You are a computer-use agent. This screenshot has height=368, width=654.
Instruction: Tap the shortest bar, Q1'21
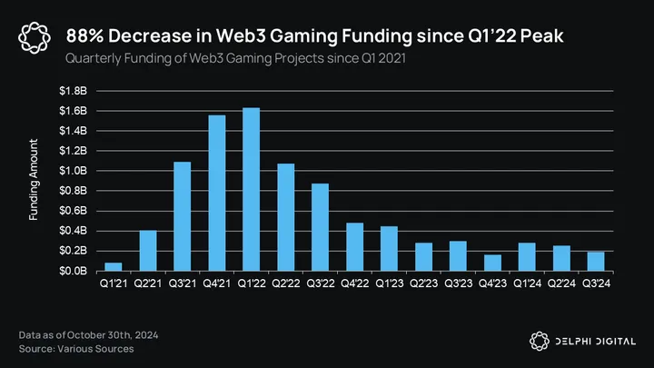[x=114, y=266]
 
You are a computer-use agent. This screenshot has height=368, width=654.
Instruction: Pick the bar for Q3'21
[x=183, y=216]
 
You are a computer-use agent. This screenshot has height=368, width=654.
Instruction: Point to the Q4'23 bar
[x=492, y=263]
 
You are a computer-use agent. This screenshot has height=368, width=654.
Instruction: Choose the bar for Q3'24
[x=596, y=261]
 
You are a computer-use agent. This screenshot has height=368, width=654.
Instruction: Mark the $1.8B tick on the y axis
[x=74, y=91]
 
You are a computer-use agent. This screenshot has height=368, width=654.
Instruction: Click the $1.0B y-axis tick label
[x=74, y=171]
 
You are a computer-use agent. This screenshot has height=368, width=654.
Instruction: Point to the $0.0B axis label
[x=74, y=271]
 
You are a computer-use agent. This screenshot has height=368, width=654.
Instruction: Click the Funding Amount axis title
[x=34, y=180]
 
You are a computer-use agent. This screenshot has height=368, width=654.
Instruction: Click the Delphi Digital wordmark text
[x=594, y=340]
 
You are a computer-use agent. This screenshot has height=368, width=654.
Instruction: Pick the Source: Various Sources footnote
[x=76, y=349]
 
